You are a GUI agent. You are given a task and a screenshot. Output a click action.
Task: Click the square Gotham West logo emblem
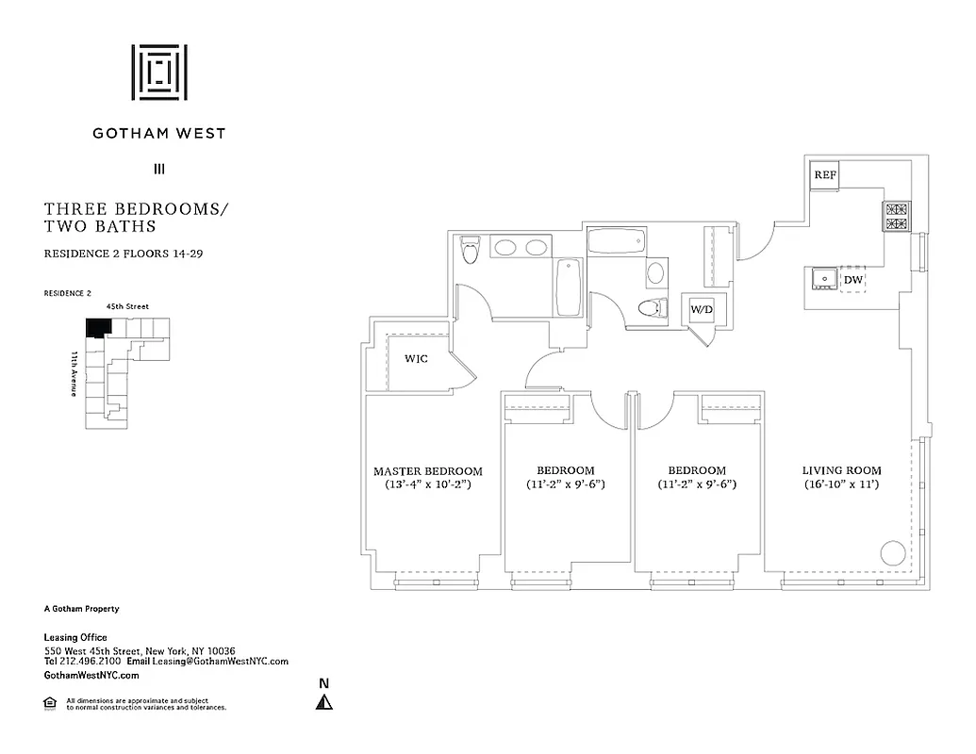158,73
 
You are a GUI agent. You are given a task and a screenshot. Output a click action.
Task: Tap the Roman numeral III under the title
158,170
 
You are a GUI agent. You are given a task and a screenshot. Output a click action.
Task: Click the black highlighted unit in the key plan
97,327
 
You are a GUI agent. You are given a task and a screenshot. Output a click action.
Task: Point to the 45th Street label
127,306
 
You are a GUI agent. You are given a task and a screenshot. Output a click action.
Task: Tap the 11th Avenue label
74,373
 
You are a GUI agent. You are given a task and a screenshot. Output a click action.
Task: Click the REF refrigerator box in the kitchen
825,175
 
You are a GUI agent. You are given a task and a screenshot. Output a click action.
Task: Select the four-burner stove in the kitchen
895,217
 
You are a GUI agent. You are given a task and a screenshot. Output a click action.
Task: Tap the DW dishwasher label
852,280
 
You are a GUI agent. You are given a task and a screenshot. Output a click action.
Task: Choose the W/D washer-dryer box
702,309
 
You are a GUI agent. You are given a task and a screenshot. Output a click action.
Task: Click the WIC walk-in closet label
417,359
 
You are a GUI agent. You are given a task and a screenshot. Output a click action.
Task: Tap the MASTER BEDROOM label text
427,471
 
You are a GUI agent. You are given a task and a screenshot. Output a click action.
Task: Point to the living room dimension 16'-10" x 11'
841,484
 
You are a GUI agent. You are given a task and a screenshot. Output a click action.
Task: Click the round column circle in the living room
892,552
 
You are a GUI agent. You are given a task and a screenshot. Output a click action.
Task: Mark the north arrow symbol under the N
323,701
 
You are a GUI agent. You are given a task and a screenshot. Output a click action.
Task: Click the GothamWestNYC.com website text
92,676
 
